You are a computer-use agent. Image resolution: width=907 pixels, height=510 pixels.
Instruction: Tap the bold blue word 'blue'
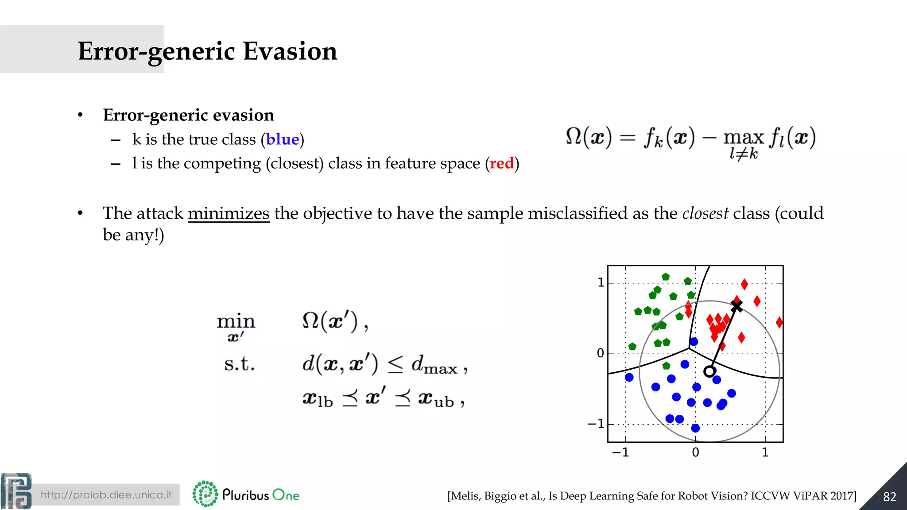pyautogui.click(x=283, y=139)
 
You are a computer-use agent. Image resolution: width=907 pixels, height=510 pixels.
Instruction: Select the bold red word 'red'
pyautogui.click(x=501, y=163)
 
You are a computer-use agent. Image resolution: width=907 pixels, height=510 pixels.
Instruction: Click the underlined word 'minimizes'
pyautogui.click(x=229, y=213)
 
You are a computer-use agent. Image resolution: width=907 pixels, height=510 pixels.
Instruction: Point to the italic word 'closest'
pyautogui.click(x=705, y=213)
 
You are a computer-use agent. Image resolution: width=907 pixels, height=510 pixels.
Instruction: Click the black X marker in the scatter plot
pyautogui.click(x=736, y=306)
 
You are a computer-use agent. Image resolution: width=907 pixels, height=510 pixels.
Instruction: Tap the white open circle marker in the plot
pyautogui.click(x=709, y=371)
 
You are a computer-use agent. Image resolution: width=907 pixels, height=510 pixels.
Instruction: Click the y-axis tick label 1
pyautogui.click(x=601, y=282)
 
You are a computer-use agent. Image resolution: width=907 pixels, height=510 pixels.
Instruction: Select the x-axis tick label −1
pyautogui.click(x=620, y=452)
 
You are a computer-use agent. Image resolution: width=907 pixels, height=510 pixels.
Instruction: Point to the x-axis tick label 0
pyautogui.click(x=695, y=452)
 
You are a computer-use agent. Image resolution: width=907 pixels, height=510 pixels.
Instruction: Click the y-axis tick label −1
pyautogui.click(x=596, y=424)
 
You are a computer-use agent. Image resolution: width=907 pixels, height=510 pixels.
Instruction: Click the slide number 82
pyautogui.click(x=889, y=497)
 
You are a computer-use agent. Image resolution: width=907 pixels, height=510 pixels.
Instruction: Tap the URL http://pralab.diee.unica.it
pyautogui.click(x=106, y=495)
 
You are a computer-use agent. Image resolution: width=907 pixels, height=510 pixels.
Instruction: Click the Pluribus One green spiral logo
pyautogui.click(x=205, y=494)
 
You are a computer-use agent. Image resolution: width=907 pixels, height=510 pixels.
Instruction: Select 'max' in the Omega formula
pyautogui.click(x=743, y=138)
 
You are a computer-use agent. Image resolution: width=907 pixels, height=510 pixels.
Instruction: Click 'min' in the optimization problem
pyautogui.click(x=236, y=321)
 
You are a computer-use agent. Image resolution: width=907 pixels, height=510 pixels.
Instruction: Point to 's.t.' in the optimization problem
pyautogui.click(x=239, y=364)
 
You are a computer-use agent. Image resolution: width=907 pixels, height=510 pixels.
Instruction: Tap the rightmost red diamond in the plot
pyautogui.click(x=779, y=322)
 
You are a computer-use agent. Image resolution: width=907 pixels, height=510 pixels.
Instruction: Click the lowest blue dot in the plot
pyautogui.click(x=695, y=428)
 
